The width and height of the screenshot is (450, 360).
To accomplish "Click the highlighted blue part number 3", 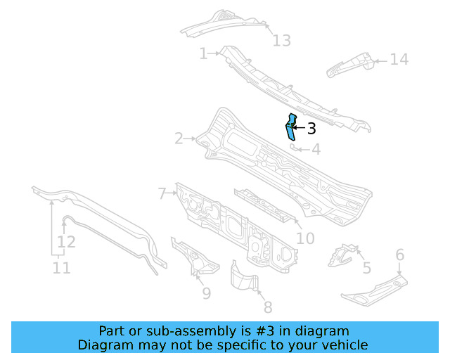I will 290,128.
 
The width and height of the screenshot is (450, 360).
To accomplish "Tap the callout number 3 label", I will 311,129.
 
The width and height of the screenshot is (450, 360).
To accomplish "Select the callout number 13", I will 281,41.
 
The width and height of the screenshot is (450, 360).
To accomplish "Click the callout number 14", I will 399,59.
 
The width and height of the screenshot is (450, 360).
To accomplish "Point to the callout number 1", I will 203,53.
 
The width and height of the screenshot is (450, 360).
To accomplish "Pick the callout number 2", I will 179,139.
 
